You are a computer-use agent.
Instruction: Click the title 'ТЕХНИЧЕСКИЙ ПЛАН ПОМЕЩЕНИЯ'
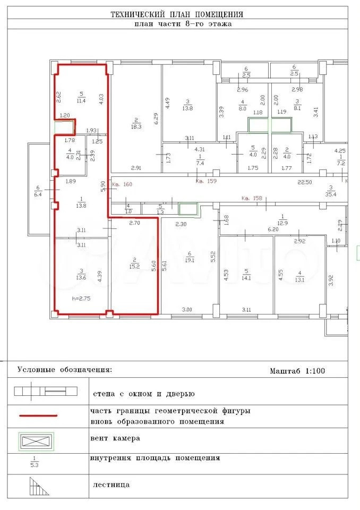(177, 14)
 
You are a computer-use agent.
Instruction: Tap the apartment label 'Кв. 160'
(121, 185)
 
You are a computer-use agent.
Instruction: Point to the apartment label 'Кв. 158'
(252, 199)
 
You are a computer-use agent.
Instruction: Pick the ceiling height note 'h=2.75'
(81, 298)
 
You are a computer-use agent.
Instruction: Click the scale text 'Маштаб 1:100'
(297, 370)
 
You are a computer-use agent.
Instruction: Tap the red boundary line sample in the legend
(39, 416)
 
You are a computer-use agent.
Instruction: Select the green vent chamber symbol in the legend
(37, 440)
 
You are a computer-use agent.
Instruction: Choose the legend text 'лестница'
(111, 484)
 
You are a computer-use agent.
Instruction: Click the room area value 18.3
(136, 127)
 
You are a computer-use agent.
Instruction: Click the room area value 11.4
(81, 100)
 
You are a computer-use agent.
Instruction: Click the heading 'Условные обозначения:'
(65, 369)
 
